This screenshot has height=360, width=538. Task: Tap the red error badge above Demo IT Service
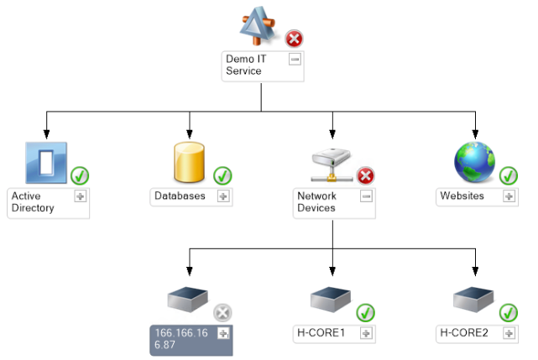point(295,39)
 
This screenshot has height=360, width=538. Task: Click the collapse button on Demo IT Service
point(295,59)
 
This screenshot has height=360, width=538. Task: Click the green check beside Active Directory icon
point(81,176)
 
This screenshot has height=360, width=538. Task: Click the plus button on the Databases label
point(223,196)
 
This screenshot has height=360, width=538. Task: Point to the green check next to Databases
point(222,176)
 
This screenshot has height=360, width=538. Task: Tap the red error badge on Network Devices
point(366,176)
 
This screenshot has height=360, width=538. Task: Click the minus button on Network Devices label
point(366,196)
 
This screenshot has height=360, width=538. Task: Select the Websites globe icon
point(475,162)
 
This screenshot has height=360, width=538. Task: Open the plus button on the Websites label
point(509,196)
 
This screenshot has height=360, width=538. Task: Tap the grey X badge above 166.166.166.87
point(222,313)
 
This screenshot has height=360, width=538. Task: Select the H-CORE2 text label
point(463,333)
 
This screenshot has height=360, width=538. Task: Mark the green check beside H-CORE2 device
point(509,313)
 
